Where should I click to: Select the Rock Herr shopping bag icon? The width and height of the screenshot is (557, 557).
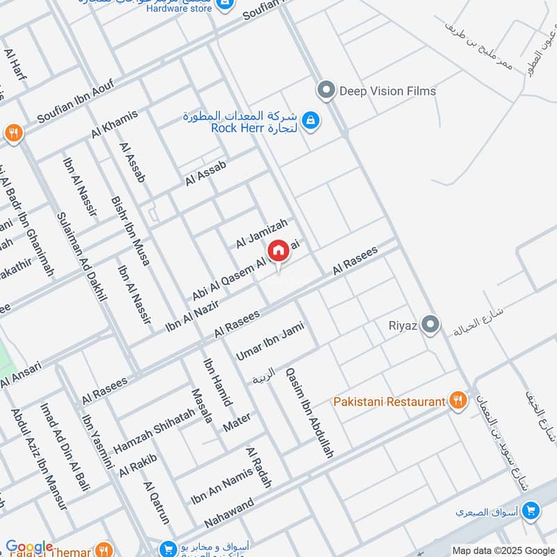pos(311,121)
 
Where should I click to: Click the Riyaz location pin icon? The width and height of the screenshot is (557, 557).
pos(432,324)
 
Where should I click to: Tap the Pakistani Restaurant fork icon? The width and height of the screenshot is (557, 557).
pos(457,400)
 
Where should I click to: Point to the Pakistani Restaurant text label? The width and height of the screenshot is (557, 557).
pos(389,402)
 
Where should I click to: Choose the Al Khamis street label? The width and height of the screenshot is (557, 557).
pos(115,124)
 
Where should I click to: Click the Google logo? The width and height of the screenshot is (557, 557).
pos(29,547)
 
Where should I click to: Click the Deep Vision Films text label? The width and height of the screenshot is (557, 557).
pos(387,91)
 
